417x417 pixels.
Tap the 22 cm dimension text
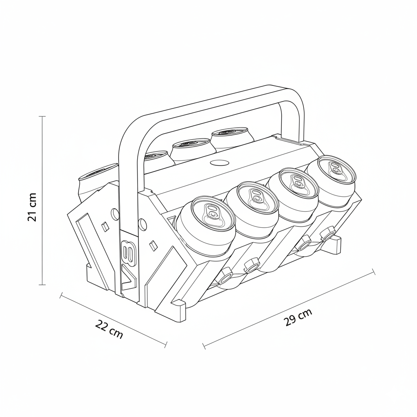pos(109,329)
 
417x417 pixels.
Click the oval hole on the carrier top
pos(219,163)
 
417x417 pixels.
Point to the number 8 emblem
pos(127,252)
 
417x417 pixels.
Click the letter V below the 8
pos(129,279)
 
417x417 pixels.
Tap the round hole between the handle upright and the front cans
pos(142,223)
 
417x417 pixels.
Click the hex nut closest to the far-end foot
pos(327,235)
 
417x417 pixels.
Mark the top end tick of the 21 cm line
pos(42,116)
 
